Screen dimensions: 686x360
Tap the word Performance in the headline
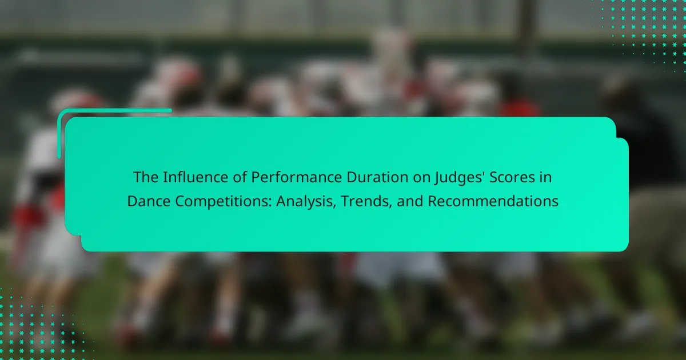coord(296,178)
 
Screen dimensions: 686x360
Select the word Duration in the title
coord(377,177)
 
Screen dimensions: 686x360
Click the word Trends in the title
coord(366,201)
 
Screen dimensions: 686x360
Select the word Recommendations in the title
coord(493,201)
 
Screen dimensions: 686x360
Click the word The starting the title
coord(145,177)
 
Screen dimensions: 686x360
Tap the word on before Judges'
coord(421,178)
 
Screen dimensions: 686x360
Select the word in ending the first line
coord(546,177)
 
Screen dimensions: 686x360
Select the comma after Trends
coord(390,207)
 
